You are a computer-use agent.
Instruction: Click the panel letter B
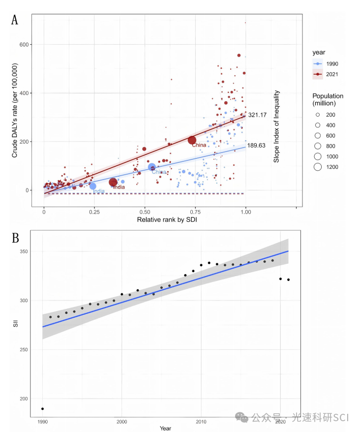[15, 239]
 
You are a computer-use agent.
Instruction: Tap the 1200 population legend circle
[318, 167]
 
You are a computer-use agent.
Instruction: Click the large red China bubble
[192, 140]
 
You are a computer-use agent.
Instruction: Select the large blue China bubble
[152, 167]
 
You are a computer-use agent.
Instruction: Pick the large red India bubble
[113, 183]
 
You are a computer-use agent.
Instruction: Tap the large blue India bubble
[93, 186]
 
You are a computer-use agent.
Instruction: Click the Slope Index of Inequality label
[277, 126]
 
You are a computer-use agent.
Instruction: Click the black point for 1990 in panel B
[43, 408]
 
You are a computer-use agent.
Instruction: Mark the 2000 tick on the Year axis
[121, 422]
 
